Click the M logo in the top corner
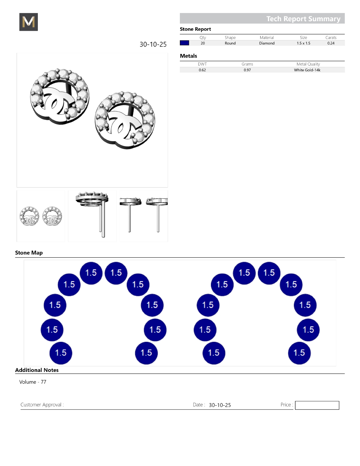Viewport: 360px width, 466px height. point(29,22)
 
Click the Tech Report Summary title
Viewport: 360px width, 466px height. point(303,19)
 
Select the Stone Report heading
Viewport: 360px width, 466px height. point(195,29)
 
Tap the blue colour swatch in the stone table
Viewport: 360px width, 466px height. point(184,43)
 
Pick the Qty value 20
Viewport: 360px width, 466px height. point(203,43)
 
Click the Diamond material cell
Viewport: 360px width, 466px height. point(267,43)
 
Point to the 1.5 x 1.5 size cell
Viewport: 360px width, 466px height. point(304,43)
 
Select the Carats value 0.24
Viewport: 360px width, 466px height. point(331,43)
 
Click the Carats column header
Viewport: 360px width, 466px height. point(331,38)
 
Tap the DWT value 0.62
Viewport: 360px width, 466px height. point(202,70)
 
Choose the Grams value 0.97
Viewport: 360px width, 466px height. point(247,70)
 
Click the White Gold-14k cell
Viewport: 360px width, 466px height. point(307,70)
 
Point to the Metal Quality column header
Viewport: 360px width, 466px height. point(308,64)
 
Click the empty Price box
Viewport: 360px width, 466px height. point(317,405)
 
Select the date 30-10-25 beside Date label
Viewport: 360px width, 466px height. point(220,405)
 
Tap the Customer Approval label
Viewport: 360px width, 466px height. point(42,405)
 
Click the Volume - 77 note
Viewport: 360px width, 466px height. point(32,382)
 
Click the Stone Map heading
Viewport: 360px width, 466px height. point(29,252)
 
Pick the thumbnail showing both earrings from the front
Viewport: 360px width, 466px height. point(41,216)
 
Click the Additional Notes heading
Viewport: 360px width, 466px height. point(37,370)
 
